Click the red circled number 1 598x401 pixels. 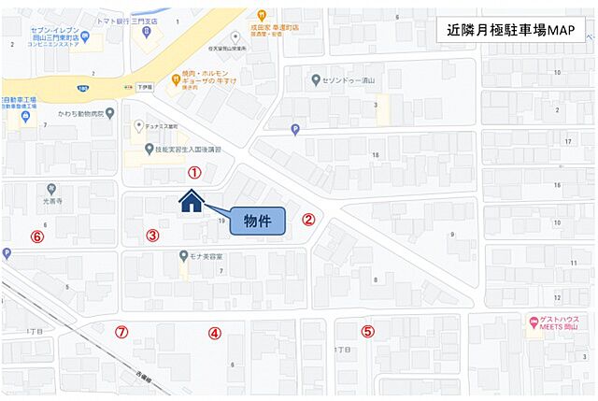pos(194,172)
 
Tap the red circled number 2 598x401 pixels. pos(308,221)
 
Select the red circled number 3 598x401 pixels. pos(152,236)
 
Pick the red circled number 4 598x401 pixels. pos(214,332)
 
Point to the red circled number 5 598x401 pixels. pos(367,331)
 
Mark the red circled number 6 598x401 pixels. pos(37,236)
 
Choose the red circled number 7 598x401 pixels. pos(121,332)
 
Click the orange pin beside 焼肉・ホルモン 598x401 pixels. pos(176,79)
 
